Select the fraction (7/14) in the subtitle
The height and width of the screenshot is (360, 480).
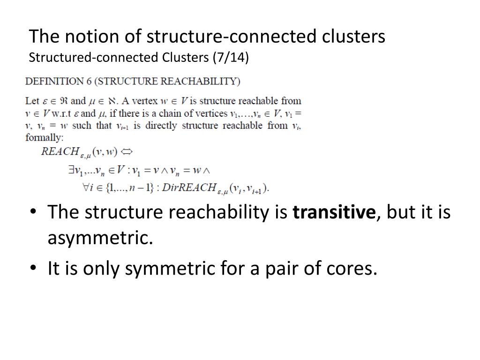coord(231,58)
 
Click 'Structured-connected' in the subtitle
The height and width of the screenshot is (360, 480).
coord(94,58)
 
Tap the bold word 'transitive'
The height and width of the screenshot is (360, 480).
coord(334,212)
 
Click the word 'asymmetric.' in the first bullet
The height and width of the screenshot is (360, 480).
coord(100,238)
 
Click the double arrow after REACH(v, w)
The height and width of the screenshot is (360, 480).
coord(127,151)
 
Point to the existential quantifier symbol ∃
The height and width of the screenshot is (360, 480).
coord(70,171)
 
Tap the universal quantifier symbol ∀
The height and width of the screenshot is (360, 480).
coord(87,187)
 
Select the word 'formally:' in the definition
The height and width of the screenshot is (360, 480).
coord(44,138)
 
